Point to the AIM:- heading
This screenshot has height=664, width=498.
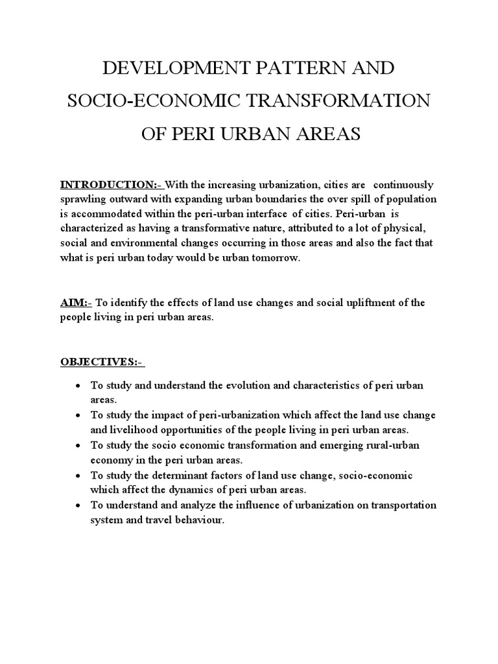click(77, 302)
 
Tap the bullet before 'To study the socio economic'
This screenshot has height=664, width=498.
click(78, 446)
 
